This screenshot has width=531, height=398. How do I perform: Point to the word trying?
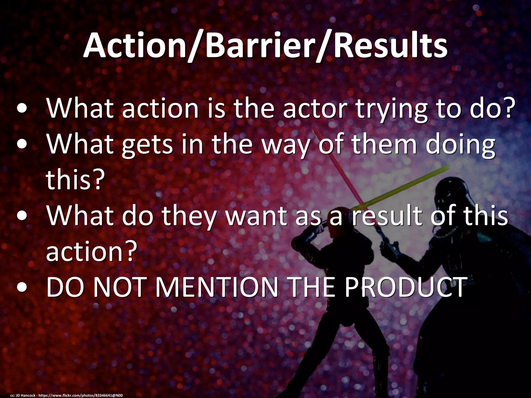tap(392, 110)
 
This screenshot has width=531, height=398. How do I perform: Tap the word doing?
tap(460, 145)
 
